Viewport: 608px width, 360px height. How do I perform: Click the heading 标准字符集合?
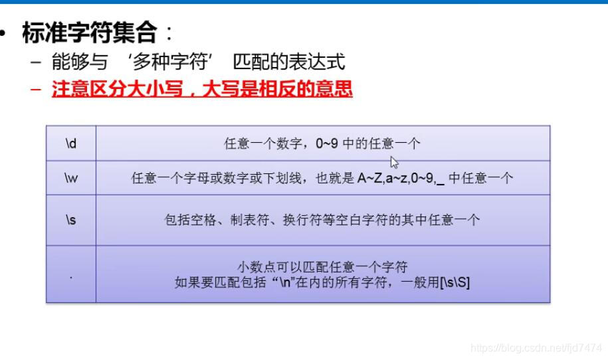click(x=89, y=33)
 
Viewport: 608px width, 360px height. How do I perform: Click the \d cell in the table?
click(x=71, y=143)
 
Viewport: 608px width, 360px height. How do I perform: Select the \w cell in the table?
click(x=71, y=178)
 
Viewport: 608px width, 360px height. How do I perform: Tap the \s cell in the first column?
click(x=71, y=220)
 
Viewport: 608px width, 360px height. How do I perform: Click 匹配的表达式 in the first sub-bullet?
click(x=289, y=62)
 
